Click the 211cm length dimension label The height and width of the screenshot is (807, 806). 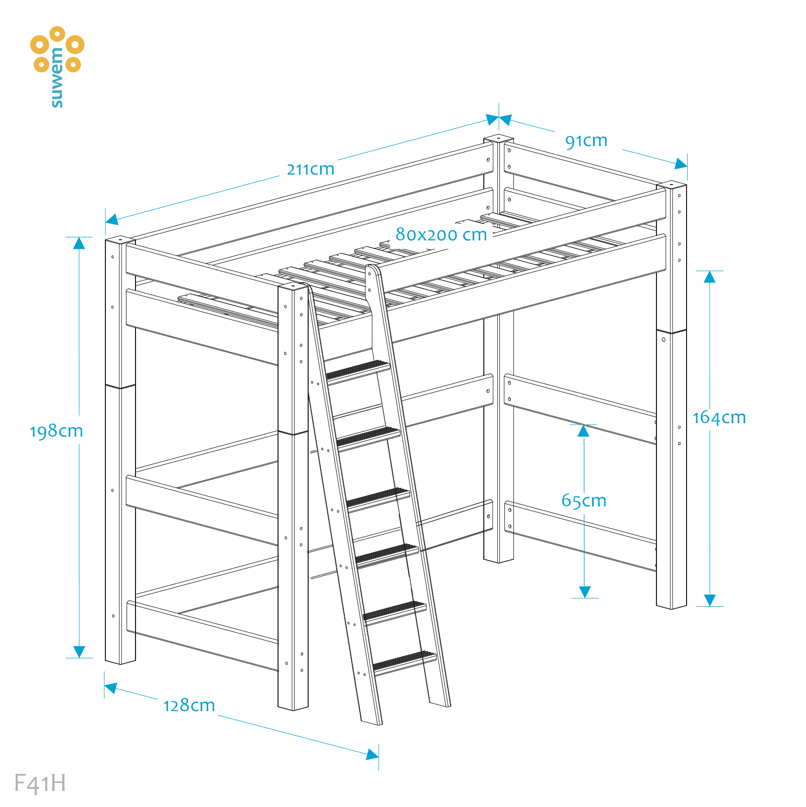pos(311,169)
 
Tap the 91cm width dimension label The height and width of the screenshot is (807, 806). pos(586,141)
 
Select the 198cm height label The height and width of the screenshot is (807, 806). pos(56,431)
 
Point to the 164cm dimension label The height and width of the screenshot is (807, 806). pos(719,418)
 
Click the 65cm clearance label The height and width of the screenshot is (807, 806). pos(584,500)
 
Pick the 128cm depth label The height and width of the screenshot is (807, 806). pos(189,706)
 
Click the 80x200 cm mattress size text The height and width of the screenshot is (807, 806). pos(441,234)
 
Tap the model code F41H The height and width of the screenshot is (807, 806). pos(40,783)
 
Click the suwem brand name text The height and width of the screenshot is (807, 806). pos(57,78)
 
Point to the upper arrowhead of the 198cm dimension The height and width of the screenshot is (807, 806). pos(79,243)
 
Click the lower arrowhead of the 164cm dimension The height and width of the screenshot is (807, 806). pos(710,600)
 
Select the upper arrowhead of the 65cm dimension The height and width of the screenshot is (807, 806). pos(583,431)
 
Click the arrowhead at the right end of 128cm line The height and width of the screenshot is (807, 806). pos(372,754)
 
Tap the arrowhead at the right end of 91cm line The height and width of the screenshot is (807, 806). pos(681,164)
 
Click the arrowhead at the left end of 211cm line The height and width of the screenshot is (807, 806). pos(112,219)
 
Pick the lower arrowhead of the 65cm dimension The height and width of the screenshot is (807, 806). pos(585,592)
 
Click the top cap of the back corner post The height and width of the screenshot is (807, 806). pos(498,138)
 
